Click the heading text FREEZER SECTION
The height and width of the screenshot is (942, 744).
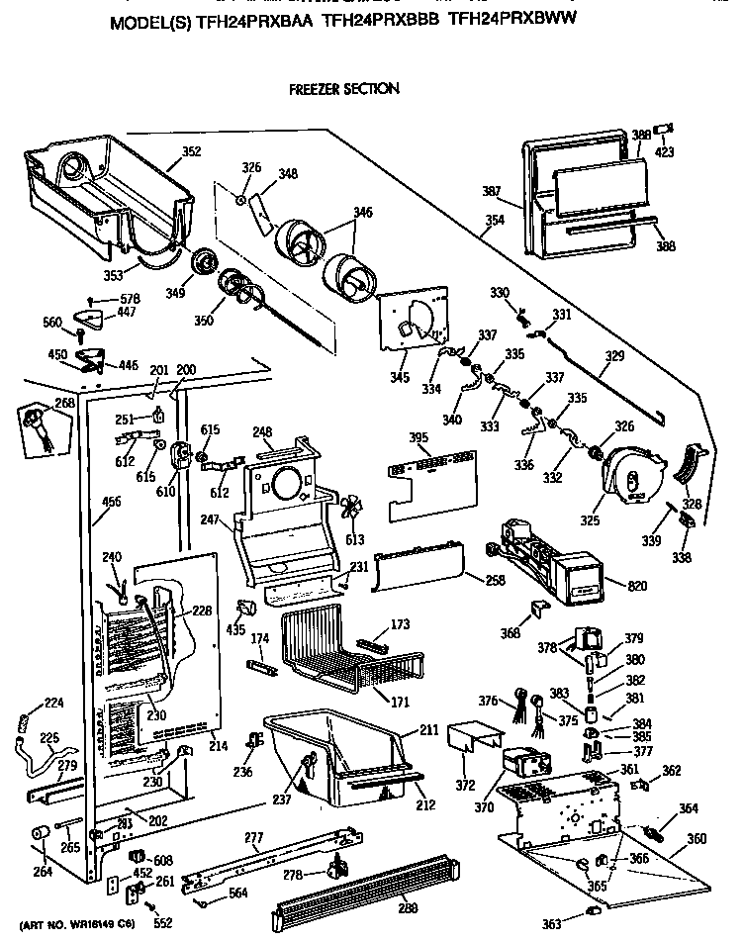pyautogui.click(x=343, y=89)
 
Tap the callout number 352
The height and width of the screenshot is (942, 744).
pyautogui.click(x=191, y=151)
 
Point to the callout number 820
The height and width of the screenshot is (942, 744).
pyautogui.click(x=637, y=586)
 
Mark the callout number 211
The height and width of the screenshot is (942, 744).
pyautogui.click(x=428, y=731)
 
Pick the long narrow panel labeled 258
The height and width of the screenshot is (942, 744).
pyautogui.click(x=416, y=571)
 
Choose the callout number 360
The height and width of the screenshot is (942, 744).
pyautogui.click(x=697, y=838)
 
